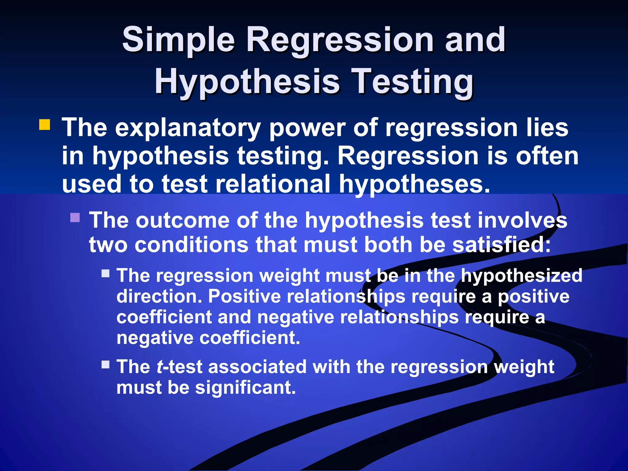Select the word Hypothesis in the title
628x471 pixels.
click(247, 82)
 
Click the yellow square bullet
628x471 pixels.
click(45, 125)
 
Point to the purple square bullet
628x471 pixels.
click(75, 217)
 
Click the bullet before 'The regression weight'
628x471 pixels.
click(106, 273)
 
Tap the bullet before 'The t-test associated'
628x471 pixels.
click(106, 365)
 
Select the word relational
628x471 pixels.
click(273, 184)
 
